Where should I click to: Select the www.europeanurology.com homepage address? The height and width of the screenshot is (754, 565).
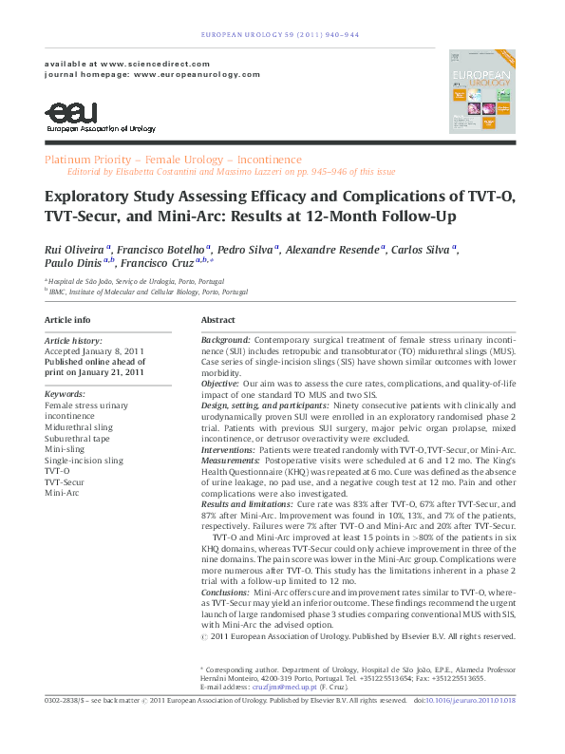(x=197, y=73)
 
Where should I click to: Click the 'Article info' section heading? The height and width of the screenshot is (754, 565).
(x=68, y=320)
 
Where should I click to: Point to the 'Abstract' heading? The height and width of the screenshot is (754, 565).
(x=218, y=320)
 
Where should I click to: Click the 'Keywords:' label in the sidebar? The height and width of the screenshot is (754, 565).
(x=65, y=393)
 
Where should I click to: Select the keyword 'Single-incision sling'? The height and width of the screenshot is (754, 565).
(x=84, y=460)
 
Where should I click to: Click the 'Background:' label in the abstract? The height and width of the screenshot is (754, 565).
(x=226, y=339)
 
